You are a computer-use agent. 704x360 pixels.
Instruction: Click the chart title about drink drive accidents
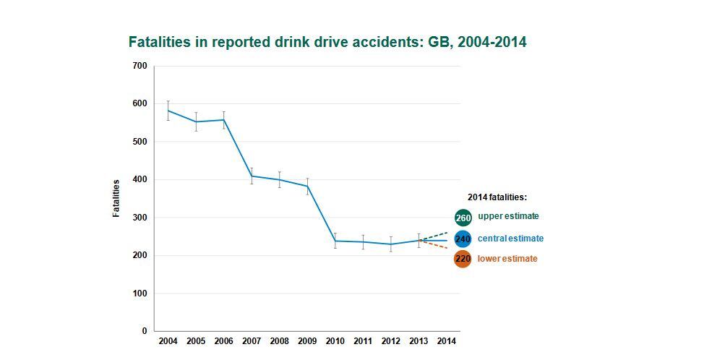coord(327,42)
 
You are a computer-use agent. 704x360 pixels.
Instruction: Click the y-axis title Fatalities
coord(116,198)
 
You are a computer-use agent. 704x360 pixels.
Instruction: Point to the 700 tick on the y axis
coord(139,66)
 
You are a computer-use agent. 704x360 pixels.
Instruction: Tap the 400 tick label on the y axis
coord(139,179)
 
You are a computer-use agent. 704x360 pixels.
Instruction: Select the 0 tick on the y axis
coord(144,331)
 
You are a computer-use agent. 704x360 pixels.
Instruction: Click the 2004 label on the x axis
coord(168,340)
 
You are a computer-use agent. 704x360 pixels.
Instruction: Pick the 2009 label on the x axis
coord(307,340)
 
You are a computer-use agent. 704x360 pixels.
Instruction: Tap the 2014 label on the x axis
coord(447,340)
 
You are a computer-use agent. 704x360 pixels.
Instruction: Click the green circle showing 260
coord(463,218)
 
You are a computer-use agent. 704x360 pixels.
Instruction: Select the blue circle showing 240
coord(463,239)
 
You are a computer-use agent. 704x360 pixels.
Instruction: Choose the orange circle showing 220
coord(463,259)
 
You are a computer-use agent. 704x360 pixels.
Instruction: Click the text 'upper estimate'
coord(508,216)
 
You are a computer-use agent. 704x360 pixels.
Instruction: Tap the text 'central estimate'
coord(510,238)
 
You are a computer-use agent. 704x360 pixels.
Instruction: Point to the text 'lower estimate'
coord(507,259)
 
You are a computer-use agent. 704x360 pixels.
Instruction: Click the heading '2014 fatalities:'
coord(497,197)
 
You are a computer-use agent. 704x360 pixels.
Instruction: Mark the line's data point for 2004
coord(168,111)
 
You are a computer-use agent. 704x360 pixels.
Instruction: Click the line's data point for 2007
coord(252,176)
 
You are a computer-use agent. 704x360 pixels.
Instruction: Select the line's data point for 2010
coord(335,241)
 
